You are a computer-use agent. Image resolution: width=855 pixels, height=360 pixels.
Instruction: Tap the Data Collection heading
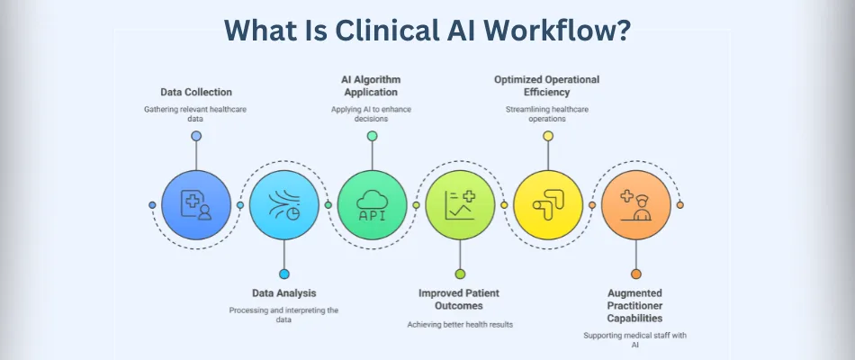tap(195, 92)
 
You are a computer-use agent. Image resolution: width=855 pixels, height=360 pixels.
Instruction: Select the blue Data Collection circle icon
tap(196, 205)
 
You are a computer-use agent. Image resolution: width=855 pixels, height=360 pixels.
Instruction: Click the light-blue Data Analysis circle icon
tap(284, 205)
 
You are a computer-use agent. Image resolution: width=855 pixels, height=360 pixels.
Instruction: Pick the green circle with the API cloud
tap(372, 205)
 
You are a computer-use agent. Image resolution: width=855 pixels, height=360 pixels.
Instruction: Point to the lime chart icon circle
tap(460, 205)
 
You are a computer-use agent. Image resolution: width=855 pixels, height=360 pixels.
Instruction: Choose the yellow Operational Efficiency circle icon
tap(548, 205)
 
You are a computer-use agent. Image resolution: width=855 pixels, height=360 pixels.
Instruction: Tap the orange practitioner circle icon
tap(635, 205)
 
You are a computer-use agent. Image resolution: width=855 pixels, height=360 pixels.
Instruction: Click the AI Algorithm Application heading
tap(372, 85)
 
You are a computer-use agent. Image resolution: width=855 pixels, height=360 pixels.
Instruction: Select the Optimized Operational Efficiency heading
tap(547, 85)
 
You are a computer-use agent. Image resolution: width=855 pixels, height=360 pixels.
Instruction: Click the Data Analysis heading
tap(283, 292)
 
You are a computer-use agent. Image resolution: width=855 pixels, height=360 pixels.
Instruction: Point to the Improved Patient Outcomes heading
tap(460, 299)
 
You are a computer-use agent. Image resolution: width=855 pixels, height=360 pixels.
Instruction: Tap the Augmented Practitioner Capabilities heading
tap(635, 306)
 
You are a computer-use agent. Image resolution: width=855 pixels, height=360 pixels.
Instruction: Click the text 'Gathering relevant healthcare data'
tap(195, 114)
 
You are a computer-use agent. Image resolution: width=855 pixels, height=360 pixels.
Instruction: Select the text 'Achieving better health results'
tap(460, 324)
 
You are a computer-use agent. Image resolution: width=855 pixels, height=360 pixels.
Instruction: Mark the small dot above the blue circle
tap(196, 136)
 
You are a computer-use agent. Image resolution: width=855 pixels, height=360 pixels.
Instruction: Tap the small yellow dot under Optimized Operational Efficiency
tap(547, 136)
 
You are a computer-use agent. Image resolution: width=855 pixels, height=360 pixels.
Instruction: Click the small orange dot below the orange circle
tap(636, 274)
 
